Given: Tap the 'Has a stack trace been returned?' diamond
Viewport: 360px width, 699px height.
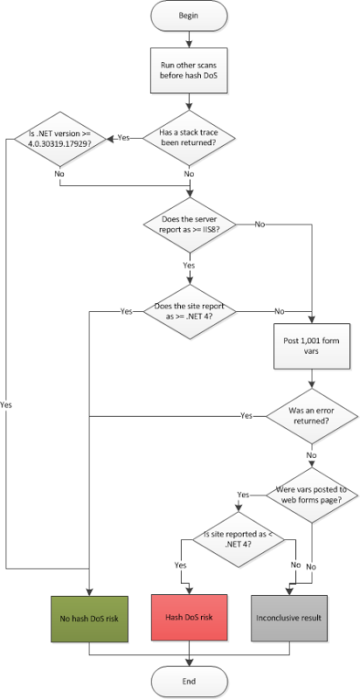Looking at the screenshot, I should (x=190, y=137).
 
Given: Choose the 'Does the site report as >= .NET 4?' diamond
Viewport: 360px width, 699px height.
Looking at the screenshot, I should (x=190, y=311).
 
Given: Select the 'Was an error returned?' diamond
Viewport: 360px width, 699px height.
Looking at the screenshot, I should (x=311, y=415).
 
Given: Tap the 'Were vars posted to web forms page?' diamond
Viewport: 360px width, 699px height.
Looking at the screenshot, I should (x=311, y=495).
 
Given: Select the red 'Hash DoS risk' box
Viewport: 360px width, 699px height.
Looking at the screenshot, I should (x=190, y=618).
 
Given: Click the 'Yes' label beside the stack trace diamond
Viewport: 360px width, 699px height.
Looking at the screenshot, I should (x=123, y=137).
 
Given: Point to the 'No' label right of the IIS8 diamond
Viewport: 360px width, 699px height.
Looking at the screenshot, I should (x=260, y=225).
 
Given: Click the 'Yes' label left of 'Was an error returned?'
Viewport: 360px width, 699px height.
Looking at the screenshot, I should (x=246, y=415).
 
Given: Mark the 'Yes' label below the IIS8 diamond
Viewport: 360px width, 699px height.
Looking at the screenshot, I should (x=190, y=264).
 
